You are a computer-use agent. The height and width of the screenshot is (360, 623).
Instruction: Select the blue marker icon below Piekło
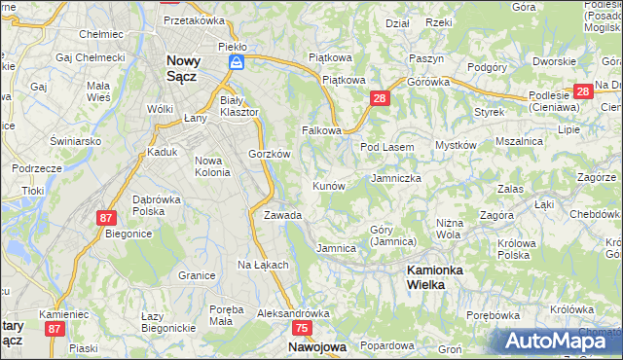(x=235, y=61)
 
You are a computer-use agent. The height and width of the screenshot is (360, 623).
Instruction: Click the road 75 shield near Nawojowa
(x=302, y=329)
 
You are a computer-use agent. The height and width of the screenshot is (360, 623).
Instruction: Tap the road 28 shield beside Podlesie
(x=582, y=91)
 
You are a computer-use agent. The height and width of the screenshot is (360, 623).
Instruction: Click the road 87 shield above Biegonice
(x=106, y=218)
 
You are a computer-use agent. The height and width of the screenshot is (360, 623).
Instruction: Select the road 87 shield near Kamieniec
(x=54, y=330)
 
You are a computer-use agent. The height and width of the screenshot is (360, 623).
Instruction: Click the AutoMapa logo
(x=559, y=340)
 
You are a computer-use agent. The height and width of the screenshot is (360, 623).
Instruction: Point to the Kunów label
(x=328, y=185)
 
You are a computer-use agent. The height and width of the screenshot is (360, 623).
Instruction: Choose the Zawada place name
(x=283, y=215)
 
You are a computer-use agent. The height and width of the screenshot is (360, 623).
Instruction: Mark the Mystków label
(x=455, y=145)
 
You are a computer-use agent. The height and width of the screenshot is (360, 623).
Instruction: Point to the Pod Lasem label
(x=387, y=147)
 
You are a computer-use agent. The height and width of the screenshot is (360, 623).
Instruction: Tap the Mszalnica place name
(x=519, y=141)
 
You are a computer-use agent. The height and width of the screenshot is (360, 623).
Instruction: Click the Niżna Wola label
(x=449, y=228)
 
